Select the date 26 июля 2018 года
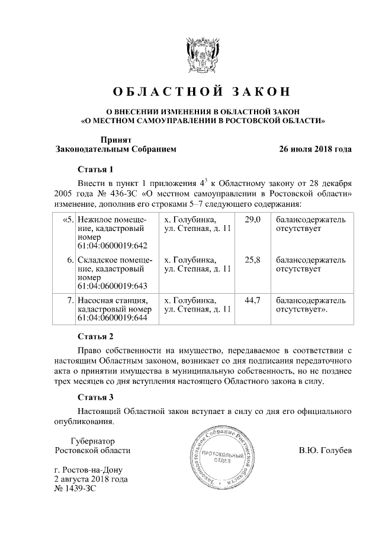point(316,149)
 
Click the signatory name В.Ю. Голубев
point(325,450)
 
